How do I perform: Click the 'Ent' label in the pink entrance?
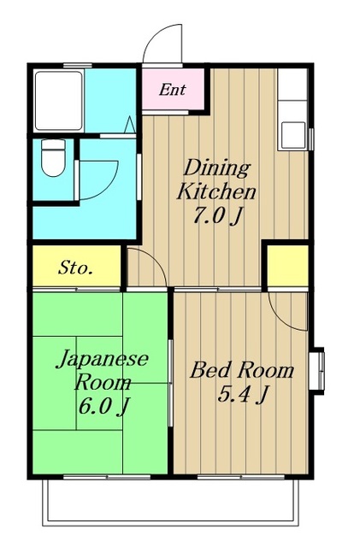pos(172,90)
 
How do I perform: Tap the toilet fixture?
pos(53,157)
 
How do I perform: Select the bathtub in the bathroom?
pos(59,101)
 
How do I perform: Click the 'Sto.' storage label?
pos(76,268)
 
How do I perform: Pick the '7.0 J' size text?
pos(217,216)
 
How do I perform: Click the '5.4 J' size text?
pos(243,395)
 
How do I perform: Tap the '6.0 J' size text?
pos(103,406)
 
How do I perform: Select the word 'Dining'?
pos(217,168)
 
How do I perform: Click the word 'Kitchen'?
pos(216,191)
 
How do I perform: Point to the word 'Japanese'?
pos(103,359)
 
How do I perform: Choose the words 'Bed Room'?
pos(242,370)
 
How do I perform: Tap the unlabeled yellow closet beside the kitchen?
pos(287,266)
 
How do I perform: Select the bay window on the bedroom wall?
pos(317,371)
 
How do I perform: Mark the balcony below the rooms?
pos(171,503)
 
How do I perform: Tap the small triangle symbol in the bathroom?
pos(129,125)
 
